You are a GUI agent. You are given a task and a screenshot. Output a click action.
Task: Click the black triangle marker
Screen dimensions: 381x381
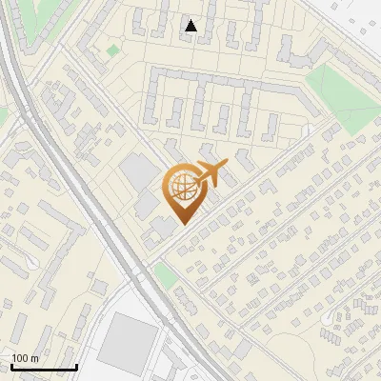tap(191, 26)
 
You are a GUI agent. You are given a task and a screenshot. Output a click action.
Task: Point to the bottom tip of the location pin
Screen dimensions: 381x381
tap(182, 224)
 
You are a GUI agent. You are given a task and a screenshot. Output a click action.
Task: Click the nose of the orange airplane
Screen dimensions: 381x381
tap(227, 165)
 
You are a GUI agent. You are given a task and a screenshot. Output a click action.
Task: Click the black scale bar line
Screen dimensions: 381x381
tap(44, 368)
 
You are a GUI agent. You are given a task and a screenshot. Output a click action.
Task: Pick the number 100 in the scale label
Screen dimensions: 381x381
tap(20, 359)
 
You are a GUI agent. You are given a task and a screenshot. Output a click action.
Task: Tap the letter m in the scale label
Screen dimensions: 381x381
tap(34, 359)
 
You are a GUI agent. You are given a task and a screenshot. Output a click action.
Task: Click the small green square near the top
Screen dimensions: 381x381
tap(114, 50)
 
